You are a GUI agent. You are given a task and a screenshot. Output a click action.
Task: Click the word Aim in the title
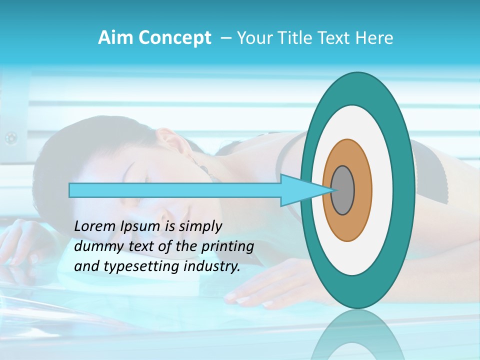(x=114, y=38)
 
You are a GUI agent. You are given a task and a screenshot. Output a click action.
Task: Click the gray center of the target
(x=343, y=190)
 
